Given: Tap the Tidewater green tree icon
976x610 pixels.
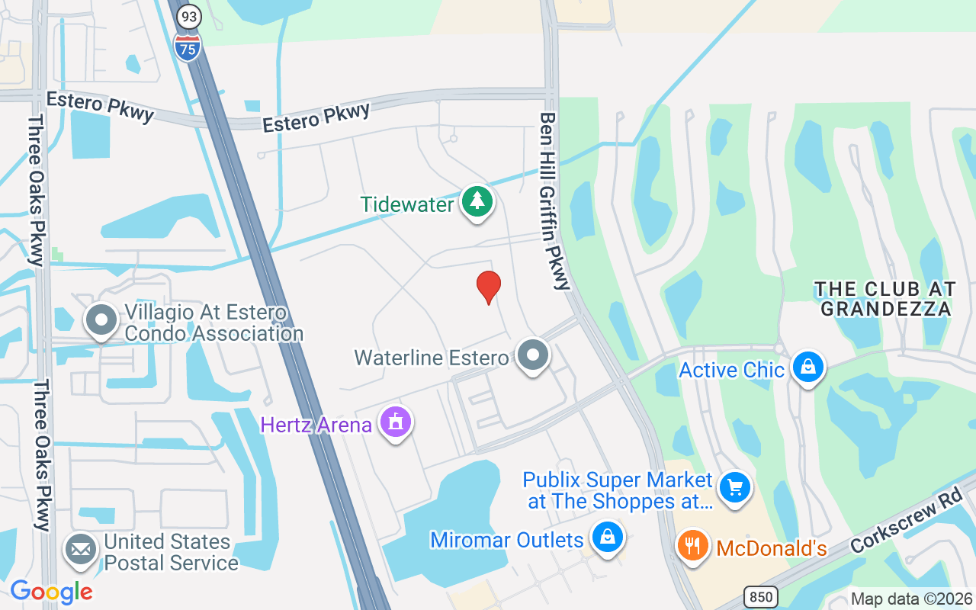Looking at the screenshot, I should pos(477,202).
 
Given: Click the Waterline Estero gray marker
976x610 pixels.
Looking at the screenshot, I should pos(533,355).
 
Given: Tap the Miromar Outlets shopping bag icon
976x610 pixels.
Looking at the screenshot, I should pos(607,538).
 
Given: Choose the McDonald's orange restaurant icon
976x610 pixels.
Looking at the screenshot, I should pos(693,547).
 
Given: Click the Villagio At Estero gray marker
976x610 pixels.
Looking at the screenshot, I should pos(101,321).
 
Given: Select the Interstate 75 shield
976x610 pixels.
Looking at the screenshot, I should pos(187,47).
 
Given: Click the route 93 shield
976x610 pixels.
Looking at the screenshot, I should pos(188,15).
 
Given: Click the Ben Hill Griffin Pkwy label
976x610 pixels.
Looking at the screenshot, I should pos(554,201).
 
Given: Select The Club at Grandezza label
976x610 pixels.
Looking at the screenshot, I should pos(884,299).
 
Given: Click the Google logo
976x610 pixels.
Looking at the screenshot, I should pos(51,592).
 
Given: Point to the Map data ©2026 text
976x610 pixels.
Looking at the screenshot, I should pos(911,599).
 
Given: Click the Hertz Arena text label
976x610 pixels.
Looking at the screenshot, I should pos(316,425).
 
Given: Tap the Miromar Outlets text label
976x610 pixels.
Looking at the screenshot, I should pos(507,541).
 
